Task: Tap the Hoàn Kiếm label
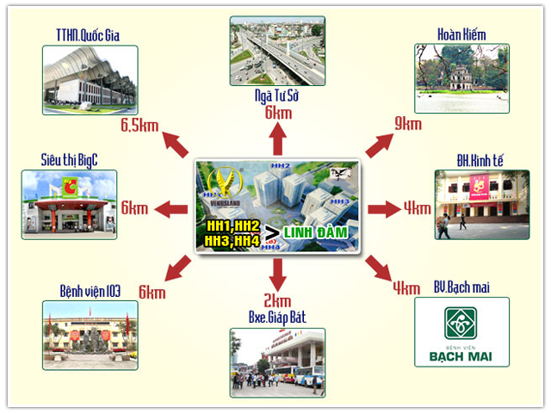pyautogui.click(x=461, y=34)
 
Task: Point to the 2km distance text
pyautogui.click(x=277, y=300)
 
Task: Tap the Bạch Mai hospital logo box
pyautogui.click(x=461, y=332)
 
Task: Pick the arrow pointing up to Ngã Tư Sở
pyautogui.click(x=277, y=139)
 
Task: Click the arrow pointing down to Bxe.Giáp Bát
pyautogui.click(x=277, y=274)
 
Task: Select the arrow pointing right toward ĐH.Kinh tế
pyautogui.click(x=381, y=208)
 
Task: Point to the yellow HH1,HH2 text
pyautogui.click(x=233, y=225)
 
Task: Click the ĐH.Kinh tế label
pyautogui.click(x=468, y=159)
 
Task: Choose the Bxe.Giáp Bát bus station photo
pyautogui.click(x=276, y=362)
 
